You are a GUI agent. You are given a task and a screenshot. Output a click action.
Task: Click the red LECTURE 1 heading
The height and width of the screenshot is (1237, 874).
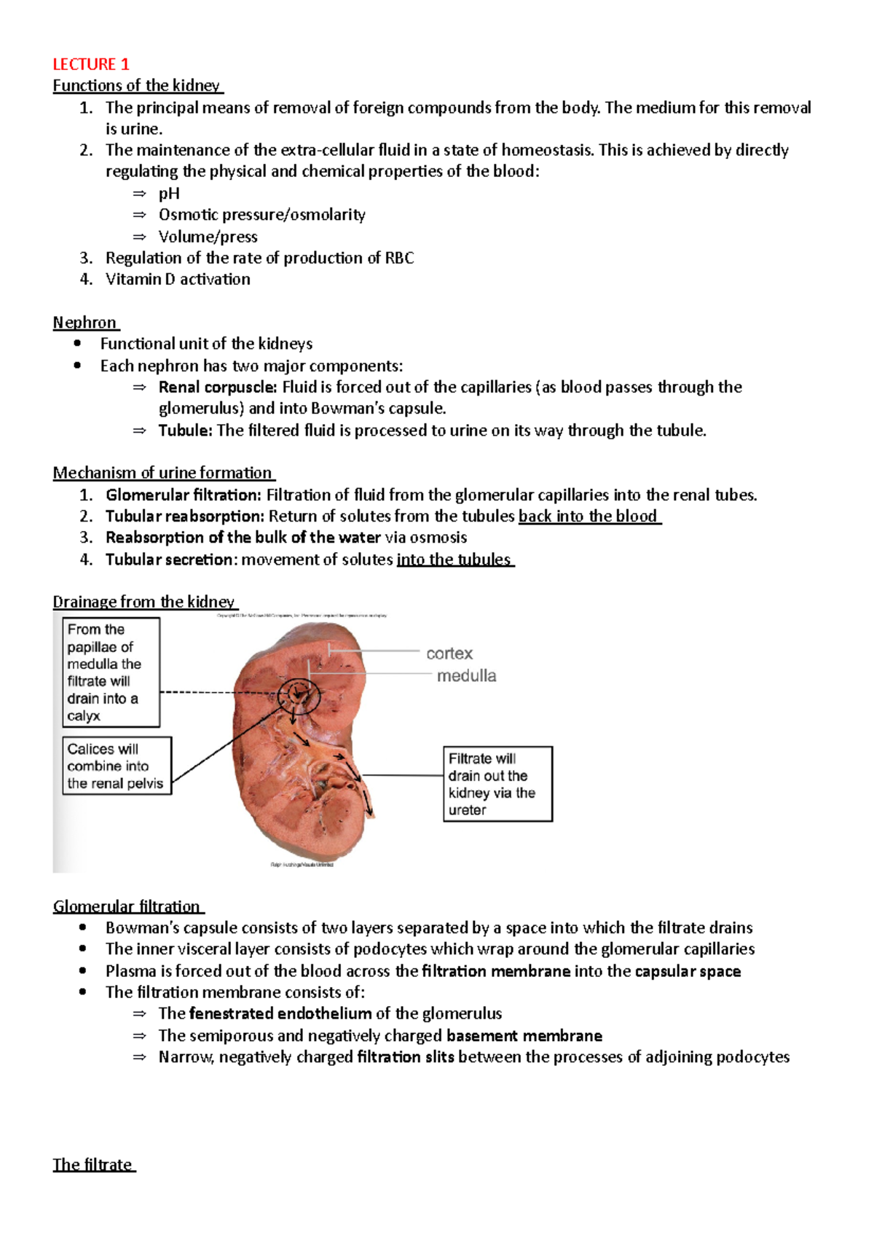coord(90,64)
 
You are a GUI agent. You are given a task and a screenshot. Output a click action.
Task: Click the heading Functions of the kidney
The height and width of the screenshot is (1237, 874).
coord(136,85)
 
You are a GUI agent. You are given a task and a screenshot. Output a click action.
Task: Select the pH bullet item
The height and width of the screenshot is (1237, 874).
coord(169,193)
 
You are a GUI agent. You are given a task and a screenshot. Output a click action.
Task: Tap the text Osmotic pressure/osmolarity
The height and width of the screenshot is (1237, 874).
coord(261,215)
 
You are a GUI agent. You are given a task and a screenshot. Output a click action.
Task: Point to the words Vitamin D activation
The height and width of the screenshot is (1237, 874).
coord(178,279)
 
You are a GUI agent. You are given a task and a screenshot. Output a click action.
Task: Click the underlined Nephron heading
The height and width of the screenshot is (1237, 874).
coord(84,323)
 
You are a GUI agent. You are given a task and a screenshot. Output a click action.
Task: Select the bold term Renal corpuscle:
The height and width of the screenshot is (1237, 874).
coord(217,387)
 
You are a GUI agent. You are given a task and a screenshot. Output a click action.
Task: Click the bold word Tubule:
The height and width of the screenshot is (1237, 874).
coord(185,431)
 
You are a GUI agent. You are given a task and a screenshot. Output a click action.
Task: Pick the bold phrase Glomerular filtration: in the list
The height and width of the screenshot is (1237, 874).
coord(183,495)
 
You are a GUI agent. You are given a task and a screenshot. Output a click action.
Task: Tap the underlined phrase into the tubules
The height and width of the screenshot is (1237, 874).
coord(454,559)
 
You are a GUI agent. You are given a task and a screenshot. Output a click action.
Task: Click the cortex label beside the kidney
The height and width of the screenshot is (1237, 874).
coord(449,653)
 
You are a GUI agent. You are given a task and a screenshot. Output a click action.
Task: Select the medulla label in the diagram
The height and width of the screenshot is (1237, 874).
coord(466,676)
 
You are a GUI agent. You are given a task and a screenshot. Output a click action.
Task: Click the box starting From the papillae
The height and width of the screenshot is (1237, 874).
coord(111,672)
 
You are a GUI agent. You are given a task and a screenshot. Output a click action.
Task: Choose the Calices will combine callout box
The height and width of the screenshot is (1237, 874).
coord(117,766)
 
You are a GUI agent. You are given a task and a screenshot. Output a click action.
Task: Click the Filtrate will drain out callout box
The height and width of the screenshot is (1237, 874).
coord(497,784)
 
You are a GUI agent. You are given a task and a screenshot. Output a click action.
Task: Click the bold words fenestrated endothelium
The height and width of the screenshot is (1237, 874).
coord(280,1013)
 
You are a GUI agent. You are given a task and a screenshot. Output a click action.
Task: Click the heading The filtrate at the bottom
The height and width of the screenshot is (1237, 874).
coord(92,1164)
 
